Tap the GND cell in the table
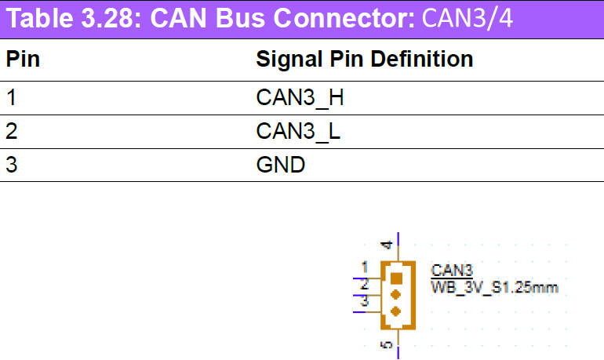(280, 165)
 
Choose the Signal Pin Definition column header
(364, 60)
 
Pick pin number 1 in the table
(11, 99)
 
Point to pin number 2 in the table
(11, 132)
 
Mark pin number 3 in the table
(11, 165)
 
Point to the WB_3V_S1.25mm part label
(494, 287)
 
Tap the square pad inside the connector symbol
(396, 278)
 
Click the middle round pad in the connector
(396, 295)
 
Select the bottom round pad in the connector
(396, 311)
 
